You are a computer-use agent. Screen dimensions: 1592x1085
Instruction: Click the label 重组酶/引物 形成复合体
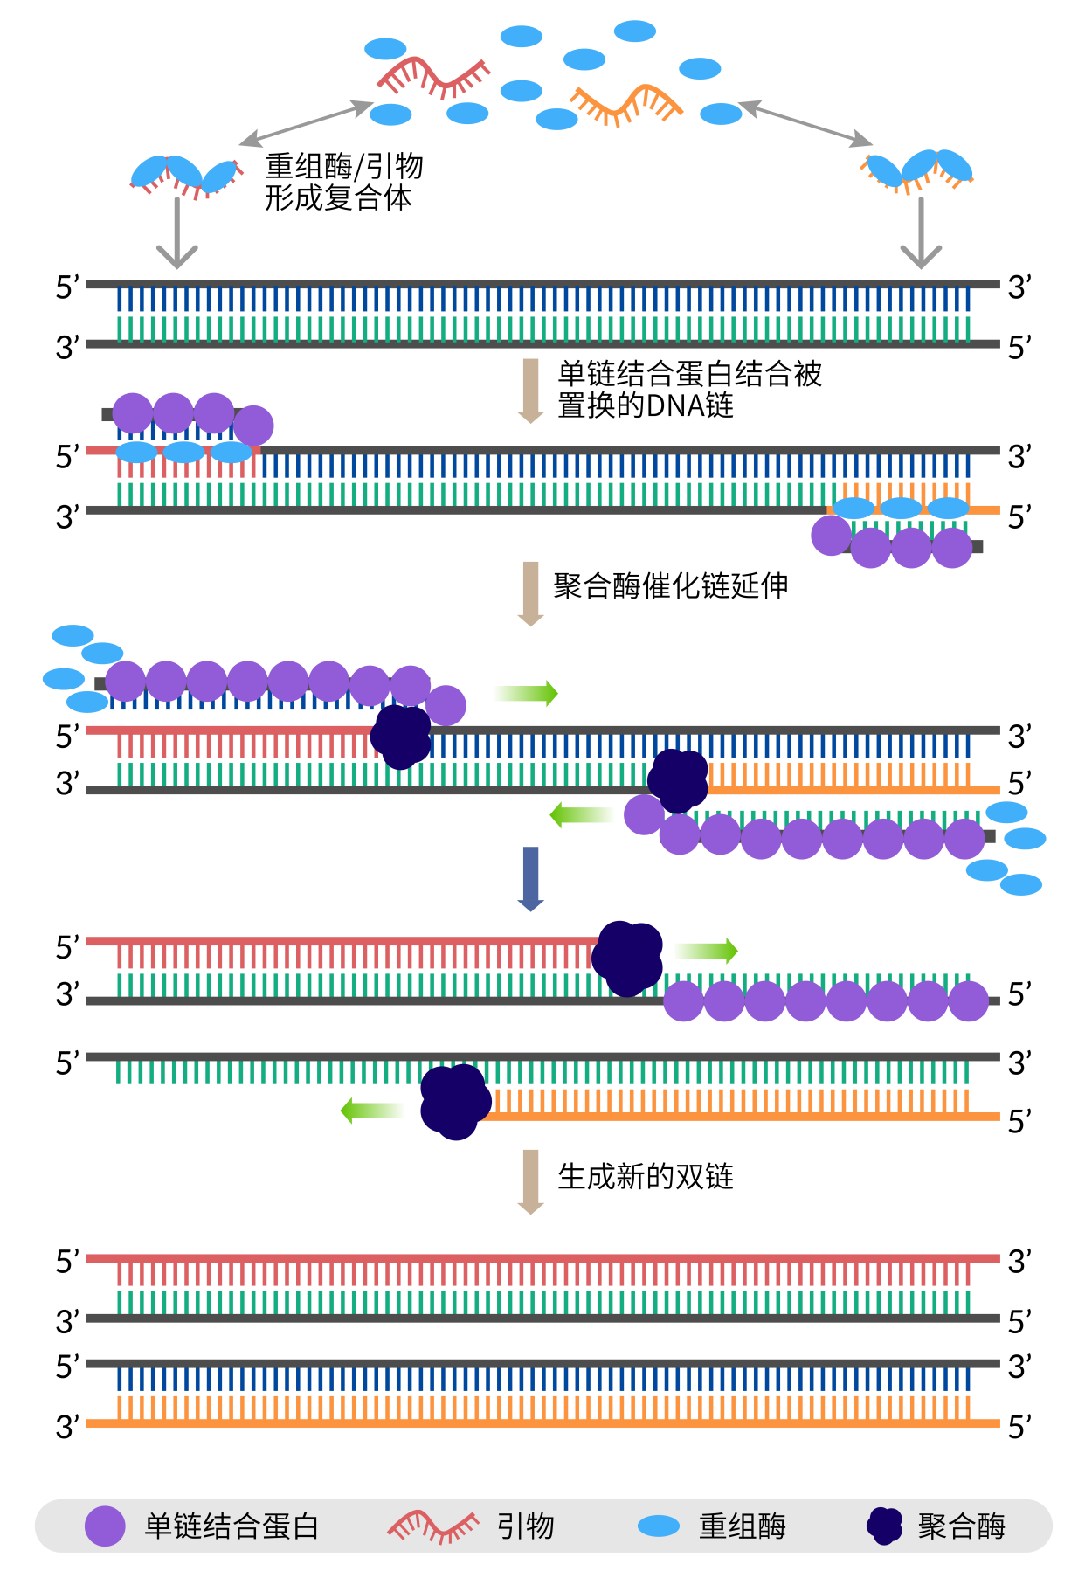tap(343, 182)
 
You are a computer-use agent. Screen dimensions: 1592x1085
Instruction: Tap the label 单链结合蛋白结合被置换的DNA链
tap(689, 389)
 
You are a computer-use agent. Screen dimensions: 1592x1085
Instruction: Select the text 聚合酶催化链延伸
tap(670, 585)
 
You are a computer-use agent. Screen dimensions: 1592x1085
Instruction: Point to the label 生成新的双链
tap(646, 1177)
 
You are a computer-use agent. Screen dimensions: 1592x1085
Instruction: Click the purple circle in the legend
tap(105, 1526)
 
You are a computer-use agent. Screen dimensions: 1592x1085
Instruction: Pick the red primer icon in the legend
tap(433, 1526)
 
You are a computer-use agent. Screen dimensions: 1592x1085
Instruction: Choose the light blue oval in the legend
tap(658, 1526)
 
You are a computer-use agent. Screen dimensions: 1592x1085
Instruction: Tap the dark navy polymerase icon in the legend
tap(884, 1526)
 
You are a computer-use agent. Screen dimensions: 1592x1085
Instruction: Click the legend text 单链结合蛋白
tap(232, 1526)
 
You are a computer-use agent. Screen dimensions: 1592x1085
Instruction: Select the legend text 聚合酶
tap(961, 1526)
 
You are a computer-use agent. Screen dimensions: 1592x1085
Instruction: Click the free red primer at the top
tap(433, 78)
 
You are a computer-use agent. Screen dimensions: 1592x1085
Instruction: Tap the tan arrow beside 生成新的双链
tap(530, 1181)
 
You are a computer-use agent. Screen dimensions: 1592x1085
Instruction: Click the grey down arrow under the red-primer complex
tap(177, 232)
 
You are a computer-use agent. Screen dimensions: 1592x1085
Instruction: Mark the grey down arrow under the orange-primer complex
tap(921, 232)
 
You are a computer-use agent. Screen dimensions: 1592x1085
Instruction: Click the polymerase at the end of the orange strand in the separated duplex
tap(455, 1101)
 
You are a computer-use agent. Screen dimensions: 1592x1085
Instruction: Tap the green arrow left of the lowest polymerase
tap(371, 1111)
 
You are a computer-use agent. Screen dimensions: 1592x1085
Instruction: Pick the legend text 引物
tap(526, 1526)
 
